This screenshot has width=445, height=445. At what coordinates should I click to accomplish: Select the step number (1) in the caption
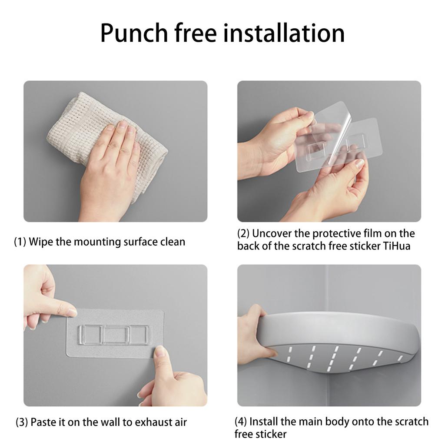click(x=20, y=242)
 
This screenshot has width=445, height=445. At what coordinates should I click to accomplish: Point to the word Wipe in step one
click(x=41, y=242)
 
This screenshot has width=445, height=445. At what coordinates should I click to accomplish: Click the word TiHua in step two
click(x=397, y=246)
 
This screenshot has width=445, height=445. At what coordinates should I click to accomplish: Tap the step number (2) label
click(x=243, y=233)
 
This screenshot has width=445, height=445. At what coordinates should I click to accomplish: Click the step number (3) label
click(x=22, y=422)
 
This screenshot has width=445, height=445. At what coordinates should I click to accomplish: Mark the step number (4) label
click(x=241, y=422)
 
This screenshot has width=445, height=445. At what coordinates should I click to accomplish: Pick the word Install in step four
click(x=263, y=422)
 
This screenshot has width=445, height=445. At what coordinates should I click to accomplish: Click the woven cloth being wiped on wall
click(x=108, y=142)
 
